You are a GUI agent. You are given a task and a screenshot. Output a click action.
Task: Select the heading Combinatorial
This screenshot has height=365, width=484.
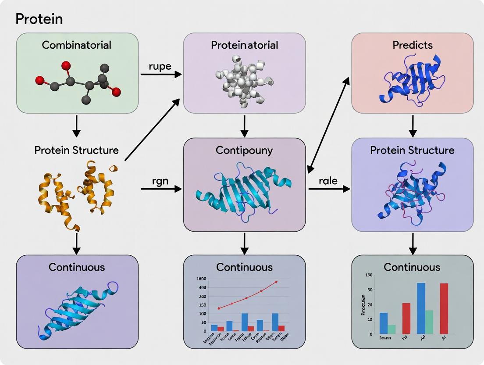pyautogui.click(x=77, y=45)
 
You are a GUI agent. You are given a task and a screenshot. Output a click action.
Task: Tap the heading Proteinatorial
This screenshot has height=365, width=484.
pyautogui.click(x=244, y=45)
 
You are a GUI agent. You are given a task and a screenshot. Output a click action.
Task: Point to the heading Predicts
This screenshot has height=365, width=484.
pyautogui.click(x=413, y=45)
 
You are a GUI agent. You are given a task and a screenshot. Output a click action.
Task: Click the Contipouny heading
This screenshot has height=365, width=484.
pyautogui.click(x=244, y=150)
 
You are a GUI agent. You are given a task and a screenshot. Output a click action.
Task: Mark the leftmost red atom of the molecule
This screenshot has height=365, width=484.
pyautogui.click(x=39, y=80)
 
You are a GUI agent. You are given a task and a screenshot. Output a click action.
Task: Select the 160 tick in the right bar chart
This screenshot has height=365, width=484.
pyautogui.click(x=368, y=275)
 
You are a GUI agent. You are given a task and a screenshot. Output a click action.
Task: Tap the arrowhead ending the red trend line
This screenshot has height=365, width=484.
pyautogui.click(x=276, y=282)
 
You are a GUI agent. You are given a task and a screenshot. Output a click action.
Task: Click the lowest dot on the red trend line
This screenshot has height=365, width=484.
pyautogui.click(x=219, y=308)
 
